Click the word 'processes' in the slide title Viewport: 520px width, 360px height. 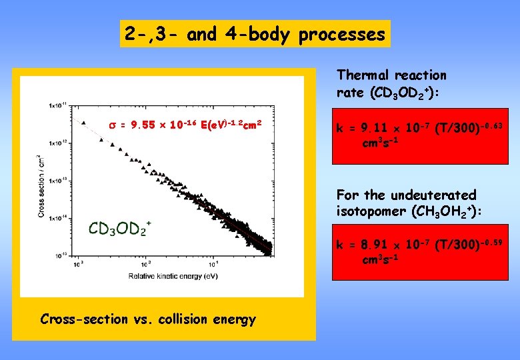(342, 34)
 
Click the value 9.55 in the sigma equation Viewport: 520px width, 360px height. (146, 124)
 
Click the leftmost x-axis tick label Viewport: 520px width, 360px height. (77, 264)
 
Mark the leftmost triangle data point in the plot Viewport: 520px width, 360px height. (83, 122)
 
